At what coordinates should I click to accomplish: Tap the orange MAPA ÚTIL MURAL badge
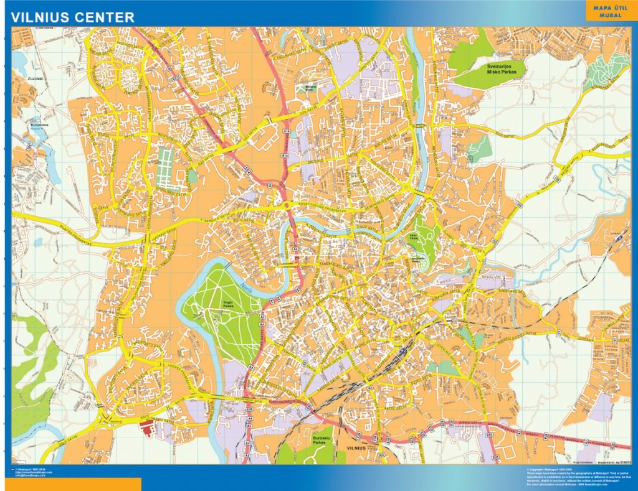coord(610,11)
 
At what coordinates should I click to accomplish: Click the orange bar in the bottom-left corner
coord(70,484)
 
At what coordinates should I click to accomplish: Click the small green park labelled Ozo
coord(310,87)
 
